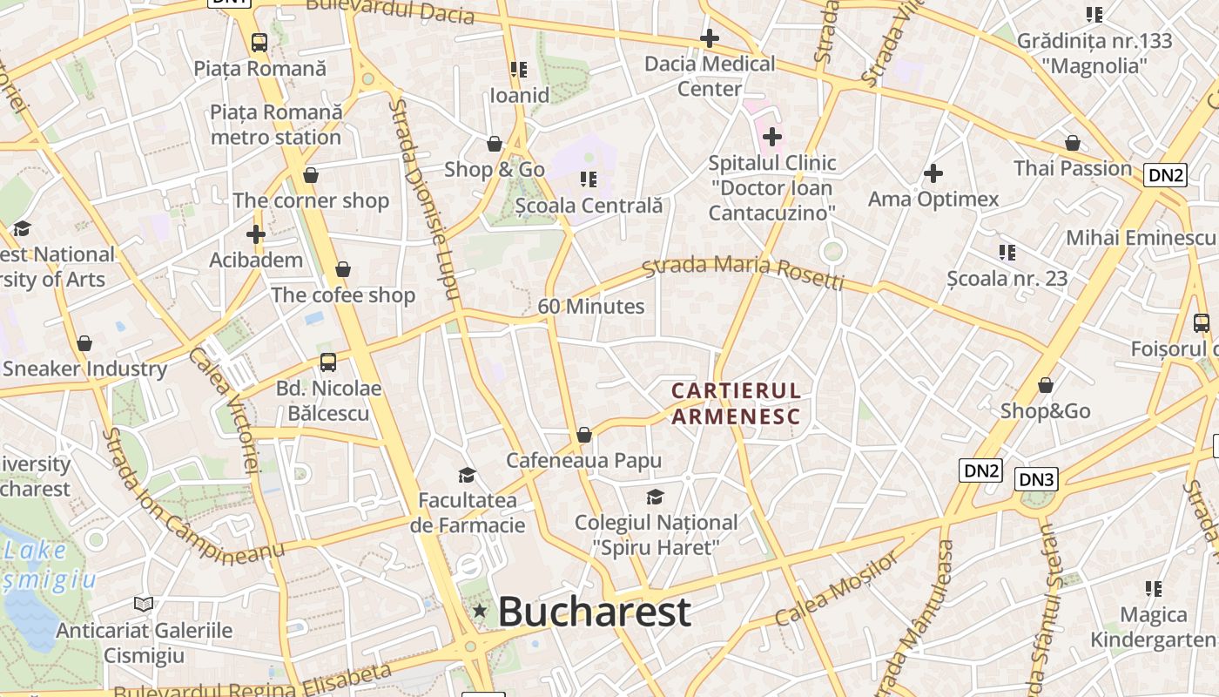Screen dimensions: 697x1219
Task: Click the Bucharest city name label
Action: [595, 612]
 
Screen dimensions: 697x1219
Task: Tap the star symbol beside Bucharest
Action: [479, 612]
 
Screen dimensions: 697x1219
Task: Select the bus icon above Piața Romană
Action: [259, 42]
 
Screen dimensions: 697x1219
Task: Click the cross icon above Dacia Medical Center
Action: [710, 38]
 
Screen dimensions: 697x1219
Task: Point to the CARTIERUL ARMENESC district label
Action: [736, 403]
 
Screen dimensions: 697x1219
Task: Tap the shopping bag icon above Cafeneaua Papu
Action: [584, 435]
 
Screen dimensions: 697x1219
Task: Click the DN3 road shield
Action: [1036, 479]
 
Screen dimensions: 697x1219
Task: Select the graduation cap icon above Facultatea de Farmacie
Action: [468, 475]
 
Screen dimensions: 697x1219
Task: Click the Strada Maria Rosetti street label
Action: [744, 271]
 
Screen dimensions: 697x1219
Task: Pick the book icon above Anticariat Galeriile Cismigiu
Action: [144, 604]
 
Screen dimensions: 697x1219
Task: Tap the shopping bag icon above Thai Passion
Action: [1073, 143]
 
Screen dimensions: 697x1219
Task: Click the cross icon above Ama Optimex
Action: [933, 173]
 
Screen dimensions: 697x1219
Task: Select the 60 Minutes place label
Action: [591, 307]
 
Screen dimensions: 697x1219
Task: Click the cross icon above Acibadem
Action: [256, 234]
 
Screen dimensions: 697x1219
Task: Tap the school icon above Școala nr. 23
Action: [1007, 253]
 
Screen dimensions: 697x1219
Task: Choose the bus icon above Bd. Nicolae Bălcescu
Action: [328, 362]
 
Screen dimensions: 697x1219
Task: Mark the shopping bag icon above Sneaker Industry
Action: [84, 343]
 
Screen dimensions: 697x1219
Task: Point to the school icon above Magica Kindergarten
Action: [1154, 589]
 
